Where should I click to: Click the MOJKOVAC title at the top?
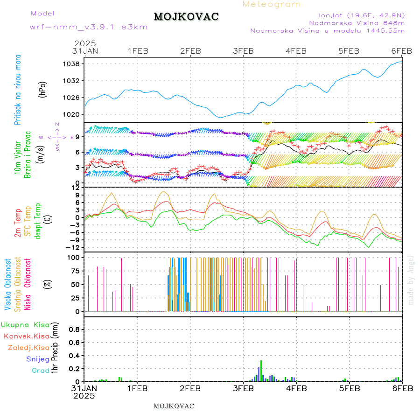coord(186,17)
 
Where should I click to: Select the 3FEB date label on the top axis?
coord(243,51)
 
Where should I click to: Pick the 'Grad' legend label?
coord(40,371)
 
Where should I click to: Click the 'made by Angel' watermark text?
coord(411,280)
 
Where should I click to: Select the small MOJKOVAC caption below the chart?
coord(174,406)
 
